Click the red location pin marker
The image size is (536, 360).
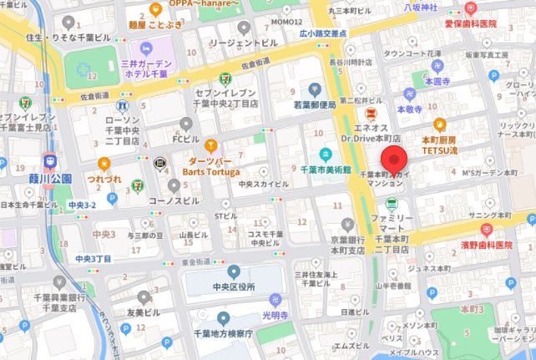coord(393,160)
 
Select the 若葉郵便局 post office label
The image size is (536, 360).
coord(313,105)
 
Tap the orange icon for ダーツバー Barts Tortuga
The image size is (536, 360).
coord(211,146)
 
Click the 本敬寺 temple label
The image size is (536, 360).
coord(411,109)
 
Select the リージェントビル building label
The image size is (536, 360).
coord(243,42)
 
